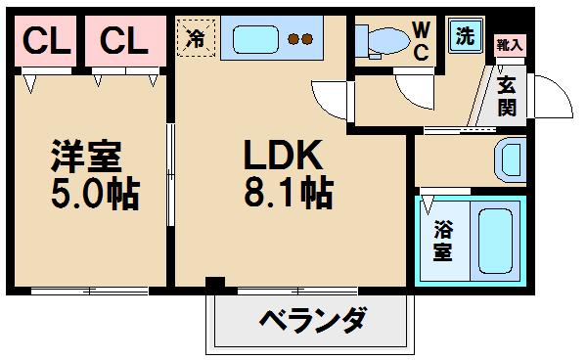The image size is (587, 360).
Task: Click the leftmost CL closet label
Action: tap(46, 41)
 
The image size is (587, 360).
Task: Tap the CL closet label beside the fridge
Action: tap(124, 41)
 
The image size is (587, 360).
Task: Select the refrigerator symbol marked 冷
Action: tap(197, 38)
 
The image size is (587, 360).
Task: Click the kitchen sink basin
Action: tap(255, 39)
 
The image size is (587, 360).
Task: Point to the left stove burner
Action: tap(293, 39)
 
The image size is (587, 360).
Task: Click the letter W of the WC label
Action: tap(422, 30)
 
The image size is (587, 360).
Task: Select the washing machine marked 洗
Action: tap(465, 36)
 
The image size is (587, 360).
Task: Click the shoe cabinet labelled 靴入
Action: tap(510, 46)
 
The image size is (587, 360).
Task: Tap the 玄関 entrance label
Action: tap(507, 96)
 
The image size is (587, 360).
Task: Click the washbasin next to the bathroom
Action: tap(511, 159)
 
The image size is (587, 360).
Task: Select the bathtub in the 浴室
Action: tap(495, 241)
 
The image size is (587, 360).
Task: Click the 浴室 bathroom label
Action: tap(442, 241)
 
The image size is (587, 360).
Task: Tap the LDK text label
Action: tap(283, 155)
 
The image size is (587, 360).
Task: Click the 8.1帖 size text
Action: tap(289, 192)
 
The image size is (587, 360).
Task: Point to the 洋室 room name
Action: tap(86, 156)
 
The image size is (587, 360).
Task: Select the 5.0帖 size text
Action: tap(96, 194)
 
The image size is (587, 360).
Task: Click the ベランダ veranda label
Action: tap(313, 320)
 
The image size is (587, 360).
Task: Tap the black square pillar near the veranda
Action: tap(215, 283)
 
